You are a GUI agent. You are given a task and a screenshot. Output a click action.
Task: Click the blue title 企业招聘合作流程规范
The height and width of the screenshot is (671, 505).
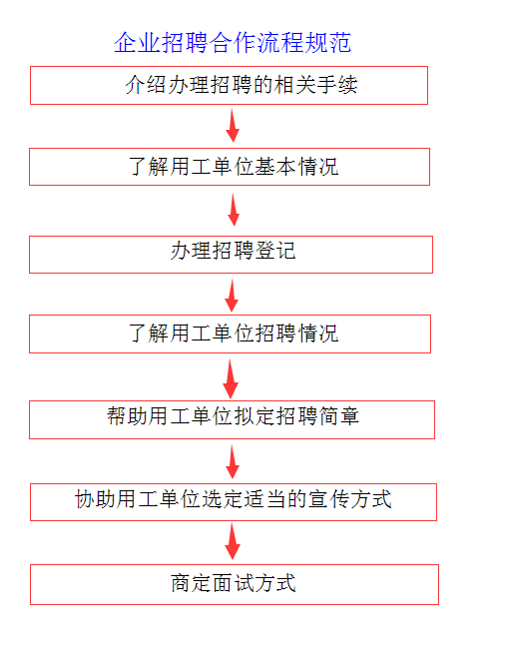233,42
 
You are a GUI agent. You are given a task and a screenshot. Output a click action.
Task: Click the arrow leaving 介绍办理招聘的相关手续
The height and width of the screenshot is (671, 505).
233,126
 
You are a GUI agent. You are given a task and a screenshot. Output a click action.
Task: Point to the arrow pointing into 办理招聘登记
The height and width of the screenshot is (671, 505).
234,210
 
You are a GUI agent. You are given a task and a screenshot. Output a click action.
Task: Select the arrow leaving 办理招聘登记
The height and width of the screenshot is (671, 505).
232,296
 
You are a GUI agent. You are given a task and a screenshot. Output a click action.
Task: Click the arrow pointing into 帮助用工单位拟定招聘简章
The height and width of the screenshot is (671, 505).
231,379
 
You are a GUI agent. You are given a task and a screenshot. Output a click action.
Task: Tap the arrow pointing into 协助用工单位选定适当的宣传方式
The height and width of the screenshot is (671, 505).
233,461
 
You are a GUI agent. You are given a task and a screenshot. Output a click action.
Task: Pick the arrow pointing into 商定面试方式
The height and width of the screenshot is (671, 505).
233,542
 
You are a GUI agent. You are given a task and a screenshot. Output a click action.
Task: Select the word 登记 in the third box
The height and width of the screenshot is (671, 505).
275,251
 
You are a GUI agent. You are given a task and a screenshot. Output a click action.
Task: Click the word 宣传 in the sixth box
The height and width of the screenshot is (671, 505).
328,499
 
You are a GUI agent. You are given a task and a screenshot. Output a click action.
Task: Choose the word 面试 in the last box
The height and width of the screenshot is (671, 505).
234,583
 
